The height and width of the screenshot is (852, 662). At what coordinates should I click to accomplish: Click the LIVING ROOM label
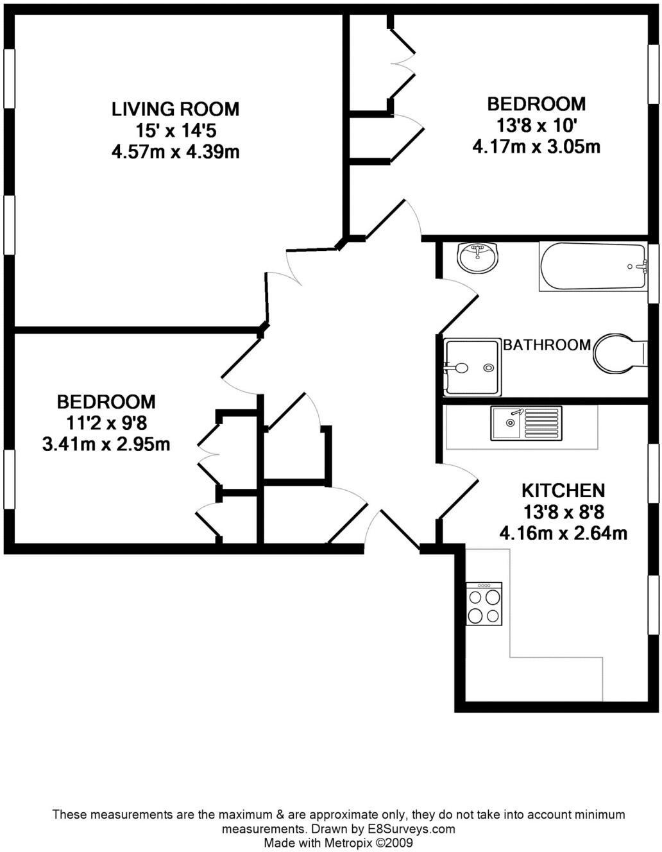tap(175, 109)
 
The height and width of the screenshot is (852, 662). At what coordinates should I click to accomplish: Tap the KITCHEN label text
tap(563, 491)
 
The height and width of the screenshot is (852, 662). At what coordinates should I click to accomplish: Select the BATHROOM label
tap(547, 345)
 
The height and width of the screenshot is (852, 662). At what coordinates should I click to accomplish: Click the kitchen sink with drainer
tap(526, 423)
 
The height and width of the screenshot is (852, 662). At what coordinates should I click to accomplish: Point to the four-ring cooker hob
tap(484, 604)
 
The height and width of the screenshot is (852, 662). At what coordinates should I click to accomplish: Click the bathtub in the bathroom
tap(593, 266)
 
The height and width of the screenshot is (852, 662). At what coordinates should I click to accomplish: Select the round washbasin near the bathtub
tap(477, 258)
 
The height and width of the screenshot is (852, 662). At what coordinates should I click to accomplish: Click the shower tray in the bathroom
tap(472, 367)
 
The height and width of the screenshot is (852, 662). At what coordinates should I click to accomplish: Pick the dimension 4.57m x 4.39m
tap(175, 153)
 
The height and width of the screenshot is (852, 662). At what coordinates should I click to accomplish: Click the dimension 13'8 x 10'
tap(536, 125)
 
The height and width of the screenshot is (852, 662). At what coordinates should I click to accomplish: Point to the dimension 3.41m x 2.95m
tap(106, 444)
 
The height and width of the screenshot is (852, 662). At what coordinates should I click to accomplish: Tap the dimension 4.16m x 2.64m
tap(563, 533)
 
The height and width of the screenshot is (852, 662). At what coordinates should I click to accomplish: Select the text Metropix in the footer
tap(347, 842)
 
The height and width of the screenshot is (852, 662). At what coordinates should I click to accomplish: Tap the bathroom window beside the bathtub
tap(653, 274)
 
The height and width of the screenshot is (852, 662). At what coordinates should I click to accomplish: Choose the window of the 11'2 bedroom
tap(9, 480)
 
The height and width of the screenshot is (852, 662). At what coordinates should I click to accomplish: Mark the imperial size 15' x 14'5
tap(175, 131)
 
